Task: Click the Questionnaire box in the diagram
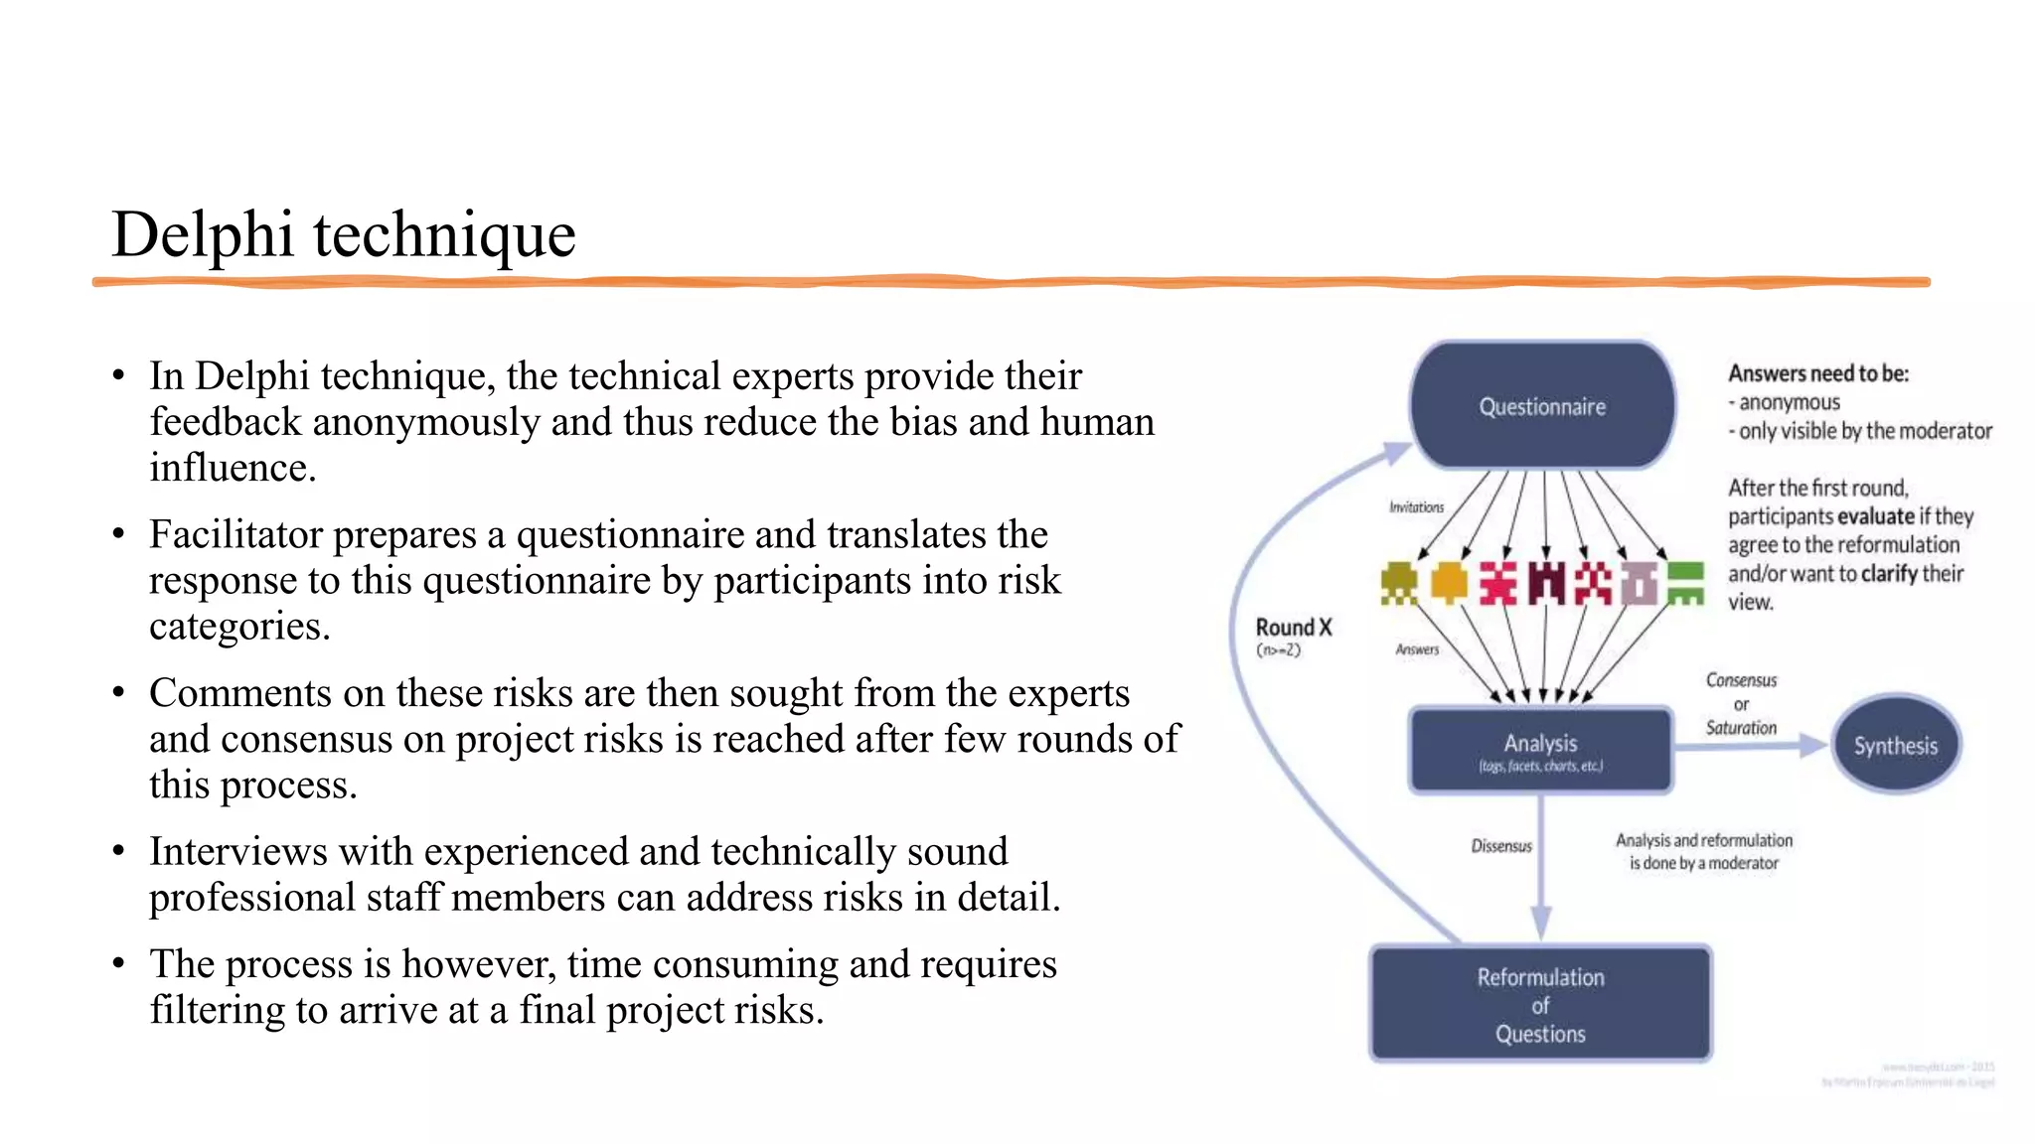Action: click(1542, 405)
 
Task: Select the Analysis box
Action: click(1540, 750)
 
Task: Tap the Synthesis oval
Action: click(1895, 745)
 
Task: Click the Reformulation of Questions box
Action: click(1540, 1004)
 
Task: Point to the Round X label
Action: click(1293, 628)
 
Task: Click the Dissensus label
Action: click(1500, 846)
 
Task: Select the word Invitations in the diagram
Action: click(1416, 507)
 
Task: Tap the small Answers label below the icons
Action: click(1416, 649)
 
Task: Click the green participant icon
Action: click(1685, 583)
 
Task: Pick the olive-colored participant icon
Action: click(1399, 583)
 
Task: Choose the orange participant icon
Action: click(1449, 583)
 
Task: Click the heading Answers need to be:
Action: click(1817, 373)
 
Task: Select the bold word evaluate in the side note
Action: click(1876, 516)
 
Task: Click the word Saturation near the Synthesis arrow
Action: click(1741, 728)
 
